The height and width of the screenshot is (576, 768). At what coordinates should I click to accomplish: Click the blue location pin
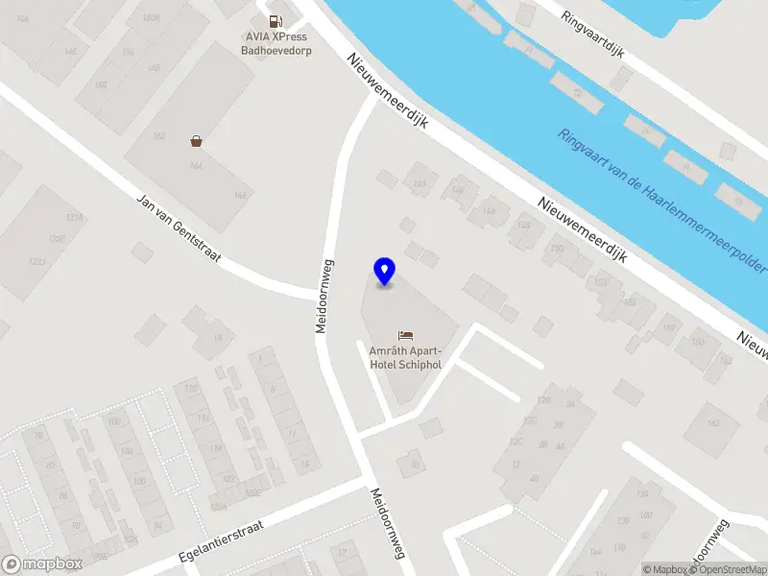pyautogui.click(x=385, y=272)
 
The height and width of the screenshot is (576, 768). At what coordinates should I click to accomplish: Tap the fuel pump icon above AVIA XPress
pyautogui.click(x=276, y=21)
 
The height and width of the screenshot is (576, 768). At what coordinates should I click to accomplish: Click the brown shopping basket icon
pyautogui.click(x=197, y=141)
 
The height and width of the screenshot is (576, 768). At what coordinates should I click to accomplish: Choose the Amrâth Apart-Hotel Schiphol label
pyautogui.click(x=405, y=357)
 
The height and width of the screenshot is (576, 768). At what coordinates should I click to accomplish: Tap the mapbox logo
pyautogui.click(x=42, y=564)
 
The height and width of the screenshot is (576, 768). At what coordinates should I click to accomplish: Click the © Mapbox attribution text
pyautogui.click(x=666, y=569)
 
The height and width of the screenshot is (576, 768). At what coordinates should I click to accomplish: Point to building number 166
pyautogui.click(x=240, y=196)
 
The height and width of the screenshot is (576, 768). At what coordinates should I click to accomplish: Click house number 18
pyautogui.click(x=416, y=465)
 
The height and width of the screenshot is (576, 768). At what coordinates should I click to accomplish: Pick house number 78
pyautogui.click(x=39, y=437)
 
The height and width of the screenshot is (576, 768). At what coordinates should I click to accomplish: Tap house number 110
pyautogui.click(x=190, y=389)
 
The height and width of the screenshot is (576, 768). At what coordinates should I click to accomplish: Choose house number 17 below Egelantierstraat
pyautogui.click(x=343, y=553)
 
